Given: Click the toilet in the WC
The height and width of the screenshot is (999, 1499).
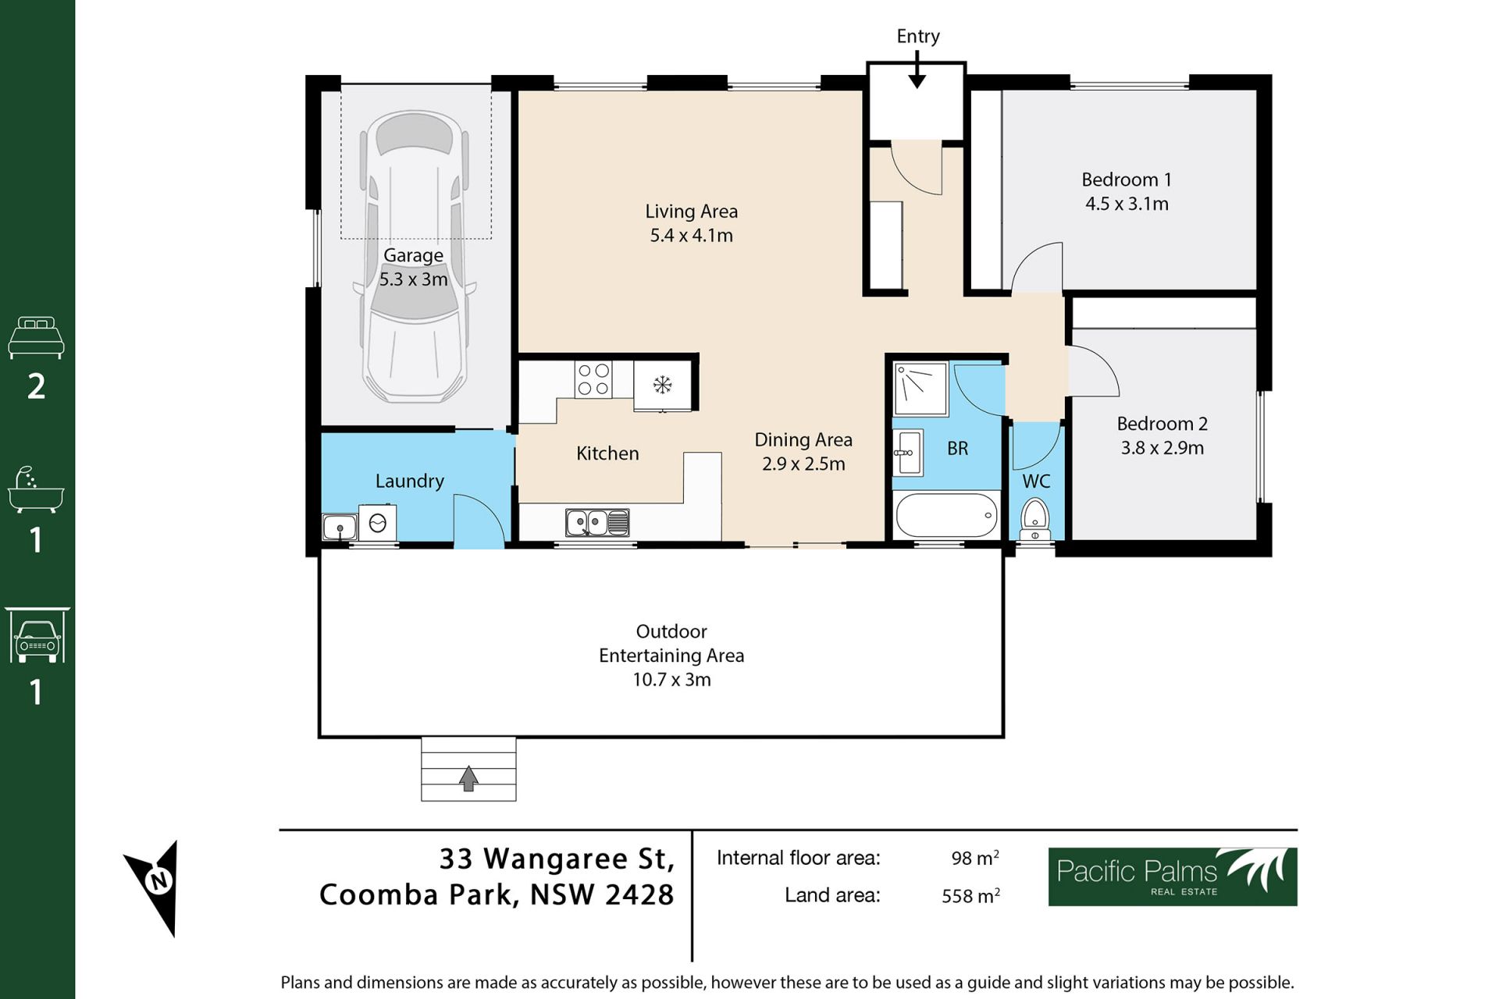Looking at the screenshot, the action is pyautogui.click(x=1035, y=519).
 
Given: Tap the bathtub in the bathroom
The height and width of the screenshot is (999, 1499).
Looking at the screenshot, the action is pyautogui.click(x=947, y=514).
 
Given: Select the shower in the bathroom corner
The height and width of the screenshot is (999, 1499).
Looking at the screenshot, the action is pyautogui.click(x=920, y=389).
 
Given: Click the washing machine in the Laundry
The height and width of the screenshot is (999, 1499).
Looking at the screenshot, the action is pyautogui.click(x=377, y=523).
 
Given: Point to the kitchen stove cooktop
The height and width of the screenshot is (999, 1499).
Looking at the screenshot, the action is pyautogui.click(x=593, y=380).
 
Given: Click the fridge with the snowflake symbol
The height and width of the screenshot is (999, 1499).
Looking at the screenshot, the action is pyautogui.click(x=663, y=385).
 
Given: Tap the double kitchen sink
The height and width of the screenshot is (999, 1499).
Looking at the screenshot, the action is pyautogui.click(x=597, y=522).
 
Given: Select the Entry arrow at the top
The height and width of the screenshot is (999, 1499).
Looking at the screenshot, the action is pyautogui.click(x=917, y=69).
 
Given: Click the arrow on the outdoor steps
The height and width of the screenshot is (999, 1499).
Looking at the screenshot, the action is pyautogui.click(x=468, y=778).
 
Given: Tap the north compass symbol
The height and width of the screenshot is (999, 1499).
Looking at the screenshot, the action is pyautogui.click(x=155, y=886).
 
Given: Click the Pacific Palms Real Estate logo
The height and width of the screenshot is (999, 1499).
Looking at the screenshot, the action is pyautogui.click(x=1173, y=876).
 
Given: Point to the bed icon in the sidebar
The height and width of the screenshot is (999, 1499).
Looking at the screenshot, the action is pyautogui.click(x=36, y=337).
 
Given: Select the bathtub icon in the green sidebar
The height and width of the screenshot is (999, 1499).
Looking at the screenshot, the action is pyautogui.click(x=36, y=490).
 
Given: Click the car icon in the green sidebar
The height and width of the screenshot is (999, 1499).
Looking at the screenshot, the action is pyautogui.click(x=37, y=635).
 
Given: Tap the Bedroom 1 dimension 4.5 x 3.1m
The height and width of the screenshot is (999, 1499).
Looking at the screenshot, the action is pyautogui.click(x=1127, y=204).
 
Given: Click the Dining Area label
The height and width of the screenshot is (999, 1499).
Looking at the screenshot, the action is pyautogui.click(x=803, y=439).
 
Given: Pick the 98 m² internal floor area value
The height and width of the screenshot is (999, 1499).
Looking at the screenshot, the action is pyautogui.click(x=975, y=857).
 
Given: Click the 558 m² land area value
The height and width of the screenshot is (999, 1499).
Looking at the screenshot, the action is pyautogui.click(x=970, y=895).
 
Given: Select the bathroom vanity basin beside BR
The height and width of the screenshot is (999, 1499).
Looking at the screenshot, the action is pyautogui.click(x=909, y=452).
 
